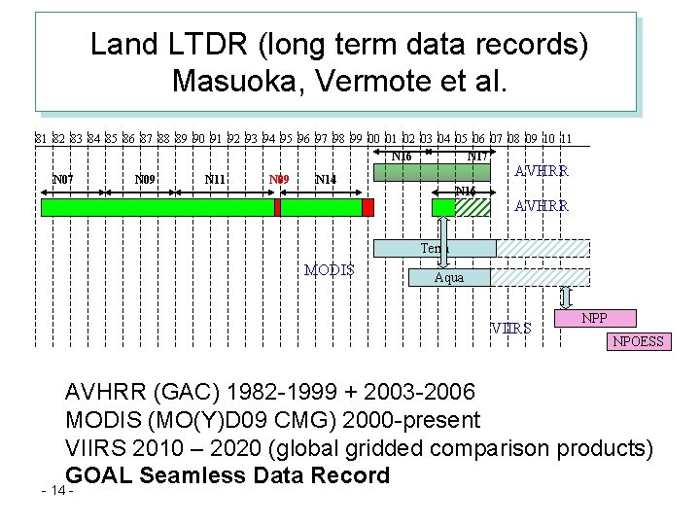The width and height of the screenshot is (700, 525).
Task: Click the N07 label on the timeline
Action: point(62,180)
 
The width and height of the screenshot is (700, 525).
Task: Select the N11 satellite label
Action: point(215,180)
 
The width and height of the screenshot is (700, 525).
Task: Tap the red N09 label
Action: point(279,180)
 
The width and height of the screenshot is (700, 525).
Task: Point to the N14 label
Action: point(326,180)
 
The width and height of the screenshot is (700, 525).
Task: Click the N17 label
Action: point(477,156)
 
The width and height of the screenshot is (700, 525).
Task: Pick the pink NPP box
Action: point(595,318)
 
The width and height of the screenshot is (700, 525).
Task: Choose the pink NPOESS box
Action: point(638,341)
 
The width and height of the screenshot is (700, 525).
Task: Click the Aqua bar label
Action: point(449,278)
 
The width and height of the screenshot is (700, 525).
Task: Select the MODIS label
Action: point(330,270)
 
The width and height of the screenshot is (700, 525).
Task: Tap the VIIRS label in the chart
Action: point(511,329)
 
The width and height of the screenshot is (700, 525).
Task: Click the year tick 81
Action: point(41,139)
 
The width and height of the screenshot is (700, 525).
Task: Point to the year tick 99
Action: point(356,139)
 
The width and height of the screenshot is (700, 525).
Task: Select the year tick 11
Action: point(565,139)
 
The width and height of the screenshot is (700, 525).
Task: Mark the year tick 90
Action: point(198,139)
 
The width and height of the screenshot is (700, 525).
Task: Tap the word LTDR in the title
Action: point(209,45)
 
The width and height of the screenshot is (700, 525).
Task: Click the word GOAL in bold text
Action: point(98,475)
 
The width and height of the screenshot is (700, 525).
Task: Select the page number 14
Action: point(58,490)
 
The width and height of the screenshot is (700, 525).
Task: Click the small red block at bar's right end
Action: point(367,207)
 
